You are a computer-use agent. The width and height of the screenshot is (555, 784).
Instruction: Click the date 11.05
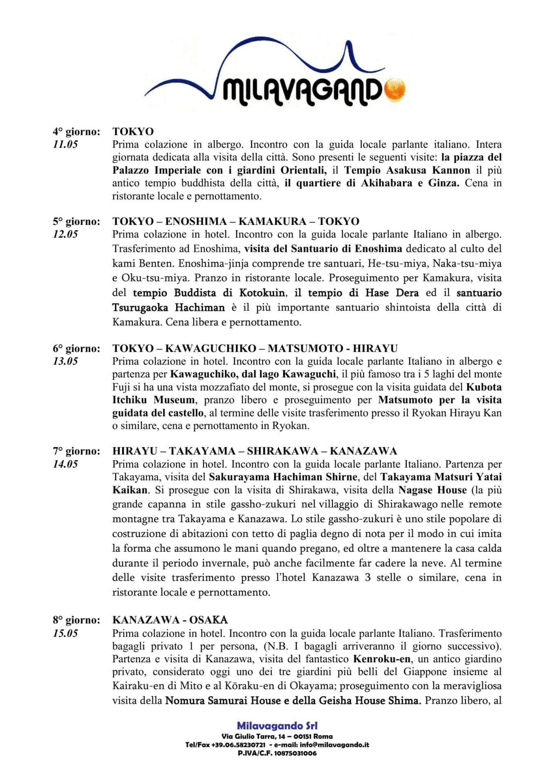click(65, 144)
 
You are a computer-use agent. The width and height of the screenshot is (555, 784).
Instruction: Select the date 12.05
click(65, 234)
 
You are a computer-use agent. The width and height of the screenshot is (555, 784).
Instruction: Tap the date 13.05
click(65, 361)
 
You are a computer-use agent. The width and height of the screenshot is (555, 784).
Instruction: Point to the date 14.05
click(65, 464)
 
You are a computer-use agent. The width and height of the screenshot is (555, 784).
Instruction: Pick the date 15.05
click(65, 633)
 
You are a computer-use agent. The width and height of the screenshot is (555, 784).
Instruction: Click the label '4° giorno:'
click(76, 131)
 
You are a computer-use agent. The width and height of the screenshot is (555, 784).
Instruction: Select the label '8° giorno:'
click(76, 620)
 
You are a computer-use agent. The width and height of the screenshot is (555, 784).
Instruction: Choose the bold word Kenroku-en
click(376, 659)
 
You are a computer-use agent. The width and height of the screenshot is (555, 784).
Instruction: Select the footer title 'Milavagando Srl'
click(277, 726)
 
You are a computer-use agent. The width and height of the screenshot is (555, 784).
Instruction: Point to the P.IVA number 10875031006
click(295, 753)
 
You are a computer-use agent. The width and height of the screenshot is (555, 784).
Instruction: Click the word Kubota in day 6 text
click(484, 387)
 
